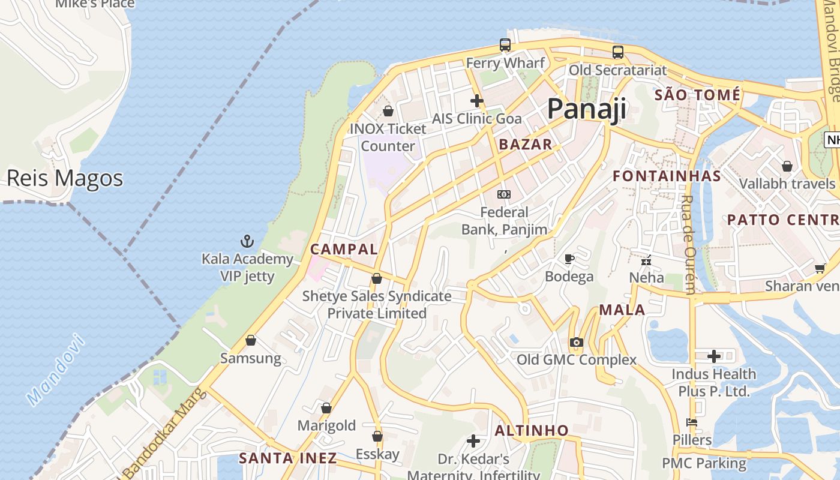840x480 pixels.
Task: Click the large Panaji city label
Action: (586, 109)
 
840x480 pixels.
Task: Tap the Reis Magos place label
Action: (65, 178)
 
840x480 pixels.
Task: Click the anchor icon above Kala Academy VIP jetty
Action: (247, 241)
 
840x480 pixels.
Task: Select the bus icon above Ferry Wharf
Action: (505, 45)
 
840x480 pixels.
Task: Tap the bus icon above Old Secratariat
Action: (618, 52)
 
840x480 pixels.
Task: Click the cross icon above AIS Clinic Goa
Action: (477, 101)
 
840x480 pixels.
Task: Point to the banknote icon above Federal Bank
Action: (504, 194)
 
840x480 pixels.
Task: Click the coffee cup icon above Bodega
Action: (569, 259)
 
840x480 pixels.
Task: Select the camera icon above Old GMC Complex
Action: (577, 343)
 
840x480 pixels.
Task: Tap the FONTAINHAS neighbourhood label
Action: (667, 176)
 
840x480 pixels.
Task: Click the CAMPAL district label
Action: (344, 249)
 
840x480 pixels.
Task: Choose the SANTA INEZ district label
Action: (288, 458)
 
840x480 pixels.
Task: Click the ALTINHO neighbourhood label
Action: (532, 430)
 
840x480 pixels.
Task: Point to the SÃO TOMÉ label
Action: (697, 95)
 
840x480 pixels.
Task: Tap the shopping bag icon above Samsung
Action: (251, 340)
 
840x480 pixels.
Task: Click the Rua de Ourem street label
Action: (689, 244)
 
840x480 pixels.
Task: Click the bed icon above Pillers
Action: (692, 422)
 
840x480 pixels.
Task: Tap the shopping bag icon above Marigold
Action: (326, 408)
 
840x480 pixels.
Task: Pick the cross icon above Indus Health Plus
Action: (714, 356)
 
